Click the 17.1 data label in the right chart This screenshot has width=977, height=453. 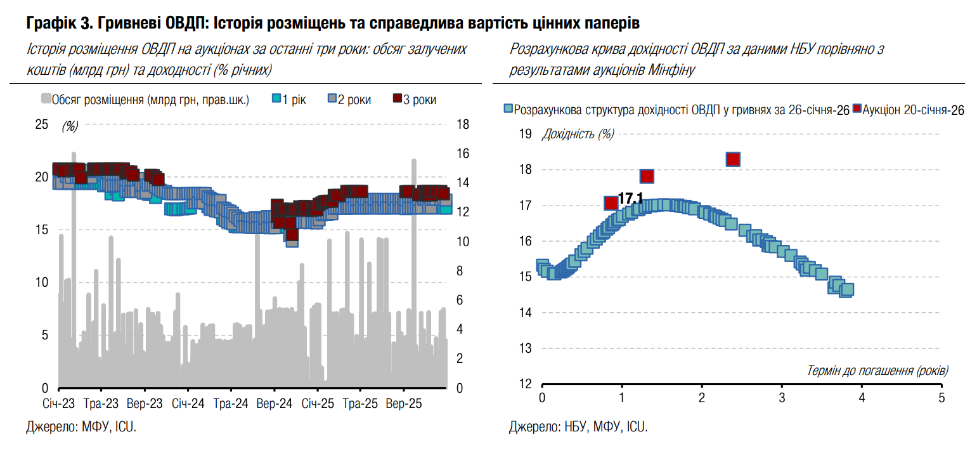pyautogui.click(x=630, y=199)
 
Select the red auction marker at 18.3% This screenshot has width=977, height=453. pyautogui.click(x=734, y=159)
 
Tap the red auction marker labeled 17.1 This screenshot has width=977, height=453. pyautogui.click(x=611, y=203)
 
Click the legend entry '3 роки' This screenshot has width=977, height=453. pyautogui.click(x=415, y=100)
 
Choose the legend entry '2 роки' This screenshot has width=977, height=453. pyautogui.click(x=349, y=100)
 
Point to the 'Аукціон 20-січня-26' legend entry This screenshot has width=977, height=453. pyautogui.click(x=909, y=110)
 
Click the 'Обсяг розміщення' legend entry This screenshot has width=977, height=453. pyautogui.click(x=145, y=100)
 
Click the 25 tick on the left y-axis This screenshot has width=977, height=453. pyautogui.click(x=41, y=124)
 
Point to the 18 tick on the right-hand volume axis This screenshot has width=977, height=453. pyautogui.click(x=463, y=124)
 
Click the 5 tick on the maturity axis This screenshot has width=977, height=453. pyautogui.click(x=941, y=398)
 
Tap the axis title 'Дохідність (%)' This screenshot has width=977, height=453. pyautogui.click(x=578, y=134)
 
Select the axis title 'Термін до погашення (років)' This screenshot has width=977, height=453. pyautogui.click(x=878, y=370)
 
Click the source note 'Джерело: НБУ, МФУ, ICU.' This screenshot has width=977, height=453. pyautogui.click(x=578, y=427)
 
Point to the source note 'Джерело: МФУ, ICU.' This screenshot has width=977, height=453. pyautogui.click(x=81, y=427)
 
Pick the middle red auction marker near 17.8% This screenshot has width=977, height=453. pyautogui.click(x=647, y=176)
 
